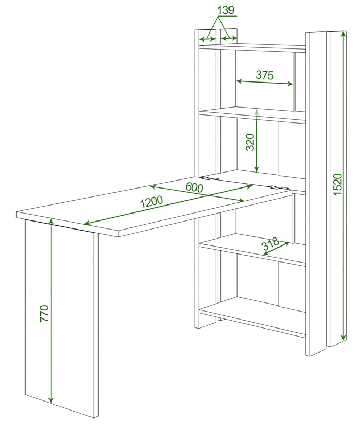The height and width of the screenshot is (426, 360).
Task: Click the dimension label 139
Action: [226, 10]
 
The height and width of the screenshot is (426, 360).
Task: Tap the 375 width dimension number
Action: [265, 75]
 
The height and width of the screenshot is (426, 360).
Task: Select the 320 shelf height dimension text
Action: [250, 142]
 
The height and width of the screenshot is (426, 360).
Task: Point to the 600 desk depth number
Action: [194, 187]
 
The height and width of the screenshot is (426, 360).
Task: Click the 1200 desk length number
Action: [151, 202]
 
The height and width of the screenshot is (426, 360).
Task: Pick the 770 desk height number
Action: [44, 314]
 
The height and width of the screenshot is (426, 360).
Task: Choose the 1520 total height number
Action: [337, 184]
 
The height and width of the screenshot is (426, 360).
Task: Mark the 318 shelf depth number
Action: [271, 244]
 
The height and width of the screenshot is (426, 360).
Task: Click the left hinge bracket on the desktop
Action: [210, 178]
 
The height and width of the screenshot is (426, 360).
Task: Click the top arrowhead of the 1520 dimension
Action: [343, 34]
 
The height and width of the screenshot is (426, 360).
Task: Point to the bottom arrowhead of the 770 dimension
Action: [51, 400]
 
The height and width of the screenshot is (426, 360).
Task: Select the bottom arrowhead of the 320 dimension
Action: [257, 169]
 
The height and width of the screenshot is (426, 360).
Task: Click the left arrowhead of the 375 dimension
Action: [239, 81]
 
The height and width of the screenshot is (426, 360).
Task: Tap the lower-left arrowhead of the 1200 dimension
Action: [86, 223]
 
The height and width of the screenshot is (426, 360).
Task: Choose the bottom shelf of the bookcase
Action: [252, 316]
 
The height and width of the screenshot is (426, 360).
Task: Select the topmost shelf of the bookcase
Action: [252, 47]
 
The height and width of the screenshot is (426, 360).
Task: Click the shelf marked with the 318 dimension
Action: [252, 249]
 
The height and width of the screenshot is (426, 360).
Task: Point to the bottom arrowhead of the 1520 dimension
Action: [343, 337]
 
